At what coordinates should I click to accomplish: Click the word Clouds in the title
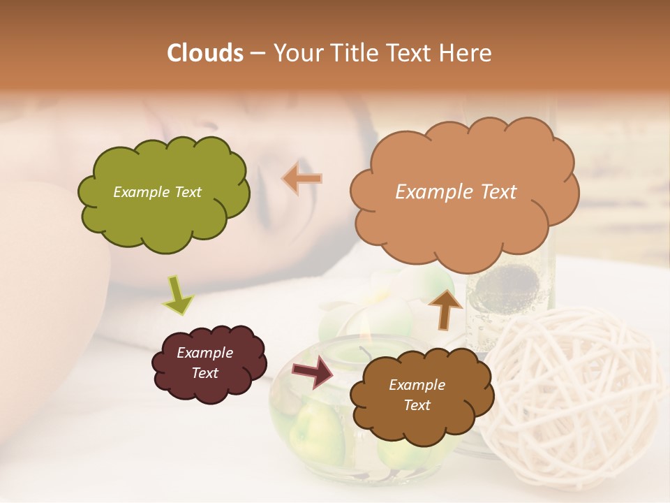point(205,53)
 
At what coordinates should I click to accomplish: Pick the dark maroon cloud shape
point(209,363)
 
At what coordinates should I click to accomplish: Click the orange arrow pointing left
point(303,179)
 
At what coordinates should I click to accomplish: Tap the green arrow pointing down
point(177,294)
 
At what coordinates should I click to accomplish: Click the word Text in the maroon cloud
point(204,373)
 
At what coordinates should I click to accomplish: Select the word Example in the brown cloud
point(417,385)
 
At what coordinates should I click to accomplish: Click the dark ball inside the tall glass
point(500,286)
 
